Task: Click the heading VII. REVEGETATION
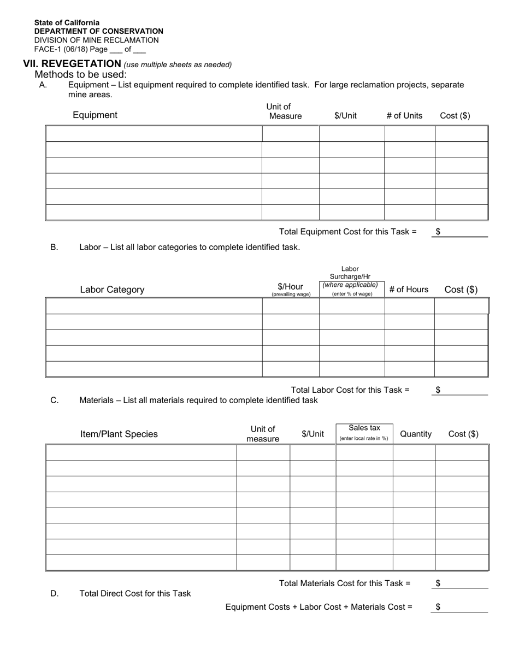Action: [x=72, y=64]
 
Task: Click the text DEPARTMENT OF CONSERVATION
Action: [x=98, y=31]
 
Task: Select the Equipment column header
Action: [x=95, y=115]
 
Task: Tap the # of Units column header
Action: [x=404, y=116]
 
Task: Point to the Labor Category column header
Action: [x=112, y=290]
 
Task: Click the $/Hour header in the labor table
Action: [x=291, y=287]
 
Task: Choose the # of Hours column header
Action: [x=409, y=290]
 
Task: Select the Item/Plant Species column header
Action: [x=119, y=434]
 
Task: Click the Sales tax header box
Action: [x=364, y=432]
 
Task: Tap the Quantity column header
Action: [x=416, y=434]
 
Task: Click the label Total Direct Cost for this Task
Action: [x=135, y=593]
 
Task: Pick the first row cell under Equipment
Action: [x=154, y=134]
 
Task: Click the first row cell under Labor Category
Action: [x=154, y=306]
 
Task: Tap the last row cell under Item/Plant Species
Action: [x=141, y=563]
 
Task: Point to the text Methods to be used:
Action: [x=80, y=74]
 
